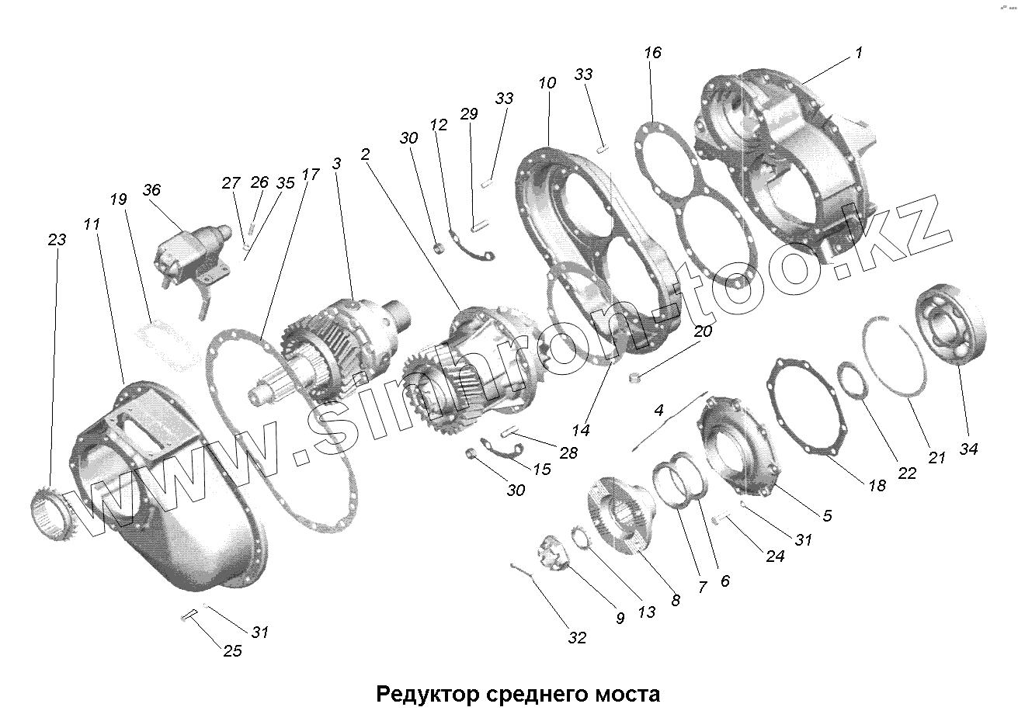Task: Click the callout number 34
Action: [968, 448]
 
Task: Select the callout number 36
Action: [151, 190]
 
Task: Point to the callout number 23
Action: [57, 240]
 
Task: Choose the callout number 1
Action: [858, 53]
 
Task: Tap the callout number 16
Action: [652, 53]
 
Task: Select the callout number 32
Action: [576, 638]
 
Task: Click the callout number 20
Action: [702, 331]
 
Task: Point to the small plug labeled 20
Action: [635, 378]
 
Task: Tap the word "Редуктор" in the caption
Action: [419, 692]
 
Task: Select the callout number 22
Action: [906, 473]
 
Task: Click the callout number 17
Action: [310, 174]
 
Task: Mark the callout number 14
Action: [580, 429]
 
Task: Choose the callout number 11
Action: [92, 225]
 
